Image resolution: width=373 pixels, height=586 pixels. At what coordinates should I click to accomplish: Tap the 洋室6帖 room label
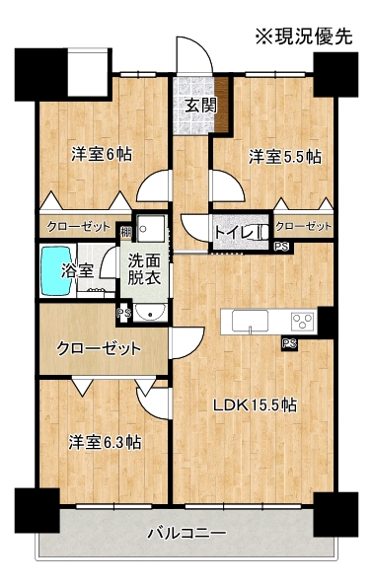click(x=102, y=154)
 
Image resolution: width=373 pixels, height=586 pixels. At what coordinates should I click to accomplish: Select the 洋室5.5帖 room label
click(x=285, y=156)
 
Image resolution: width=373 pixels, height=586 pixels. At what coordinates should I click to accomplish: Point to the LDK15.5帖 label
click(x=255, y=404)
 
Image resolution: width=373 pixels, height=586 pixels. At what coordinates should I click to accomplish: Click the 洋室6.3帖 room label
click(x=105, y=443)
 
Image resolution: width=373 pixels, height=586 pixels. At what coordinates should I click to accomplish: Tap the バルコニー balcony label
click(x=186, y=533)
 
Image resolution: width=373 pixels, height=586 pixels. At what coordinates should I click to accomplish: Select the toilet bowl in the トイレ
click(x=262, y=232)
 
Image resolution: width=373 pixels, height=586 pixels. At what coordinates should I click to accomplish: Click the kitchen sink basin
click(x=250, y=321)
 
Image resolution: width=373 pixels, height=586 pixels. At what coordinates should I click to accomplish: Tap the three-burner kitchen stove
click(x=302, y=321)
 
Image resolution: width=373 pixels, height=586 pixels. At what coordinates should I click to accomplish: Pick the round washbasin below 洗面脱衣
click(x=150, y=312)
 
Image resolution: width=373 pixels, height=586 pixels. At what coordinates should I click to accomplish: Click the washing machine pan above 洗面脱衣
click(x=150, y=228)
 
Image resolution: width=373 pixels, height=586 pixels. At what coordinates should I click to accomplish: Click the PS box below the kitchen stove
click(x=289, y=343)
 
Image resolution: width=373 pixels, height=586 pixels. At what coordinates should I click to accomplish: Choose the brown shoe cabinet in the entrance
click(x=222, y=105)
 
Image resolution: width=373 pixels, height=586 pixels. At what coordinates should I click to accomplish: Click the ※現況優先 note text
click(x=304, y=37)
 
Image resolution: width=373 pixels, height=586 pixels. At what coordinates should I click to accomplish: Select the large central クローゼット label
click(x=99, y=348)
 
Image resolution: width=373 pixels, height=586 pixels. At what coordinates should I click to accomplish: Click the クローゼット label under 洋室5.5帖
click(x=304, y=226)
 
